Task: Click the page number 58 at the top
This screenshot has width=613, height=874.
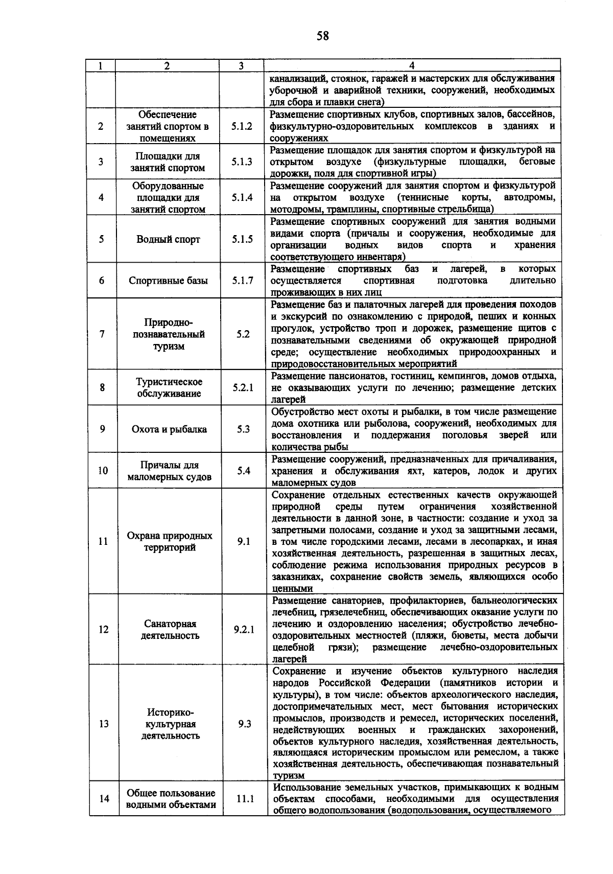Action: pyautogui.click(x=322, y=36)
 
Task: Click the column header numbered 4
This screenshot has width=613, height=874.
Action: pyautogui.click(x=412, y=66)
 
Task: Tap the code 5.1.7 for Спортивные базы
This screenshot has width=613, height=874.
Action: pyautogui.click(x=243, y=281)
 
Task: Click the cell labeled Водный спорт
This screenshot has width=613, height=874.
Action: pyautogui.click(x=168, y=239)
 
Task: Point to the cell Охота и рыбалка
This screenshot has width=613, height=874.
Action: pyautogui.click(x=169, y=429)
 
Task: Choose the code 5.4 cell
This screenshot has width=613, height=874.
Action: pyautogui.click(x=244, y=471)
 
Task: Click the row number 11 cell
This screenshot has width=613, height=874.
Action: pyautogui.click(x=103, y=541)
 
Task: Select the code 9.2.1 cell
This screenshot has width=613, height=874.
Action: pyautogui.click(x=244, y=630)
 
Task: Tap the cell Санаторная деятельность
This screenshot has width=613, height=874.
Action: pyautogui.click(x=170, y=630)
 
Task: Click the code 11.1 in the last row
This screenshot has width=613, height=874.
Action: pyautogui.click(x=245, y=799)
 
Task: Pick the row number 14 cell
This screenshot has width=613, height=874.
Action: pyautogui.click(x=104, y=799)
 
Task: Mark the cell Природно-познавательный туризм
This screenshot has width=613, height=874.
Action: pyautogui.click(x=169, y=334)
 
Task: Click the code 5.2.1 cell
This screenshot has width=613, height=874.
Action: pyautogui.click(x=243, y=388)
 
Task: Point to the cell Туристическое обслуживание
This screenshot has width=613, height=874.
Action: pyautogui.click(x=169, y=388)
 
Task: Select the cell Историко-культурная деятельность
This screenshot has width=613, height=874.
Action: pyautogui.click(x=171, y=724)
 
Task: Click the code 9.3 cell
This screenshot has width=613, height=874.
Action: pyautogui.click(x=245, y=724)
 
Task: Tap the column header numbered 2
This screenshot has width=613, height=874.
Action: pyautogui.click(x=167, y=66)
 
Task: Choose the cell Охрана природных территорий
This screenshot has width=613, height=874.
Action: pyautogui.click(x=170, y=541)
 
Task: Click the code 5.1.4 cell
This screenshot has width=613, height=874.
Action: pyautogui.click(x=242, y=197)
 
